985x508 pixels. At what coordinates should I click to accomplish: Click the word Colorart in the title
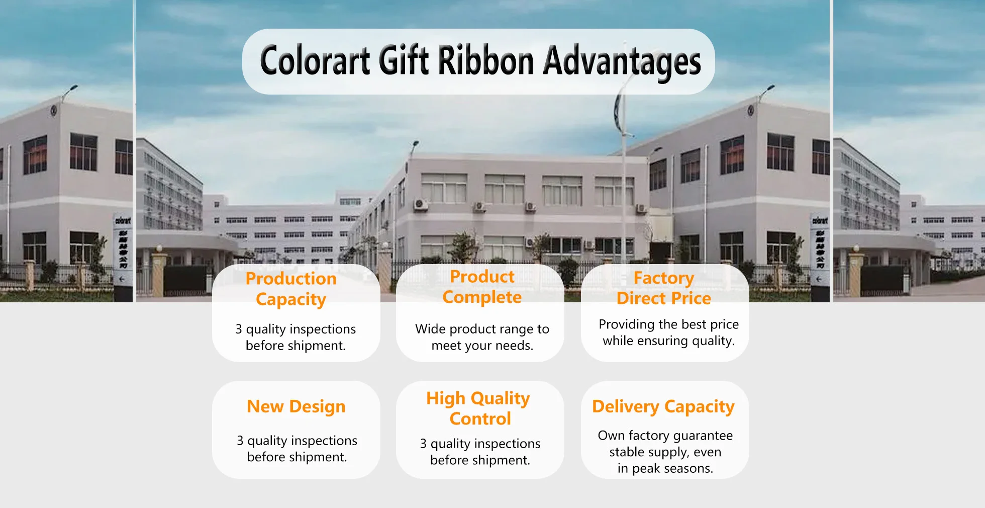[x=315, y=61]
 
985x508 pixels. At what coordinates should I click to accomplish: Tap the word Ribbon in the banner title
[x=485, y=61]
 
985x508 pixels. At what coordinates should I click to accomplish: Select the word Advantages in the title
[x=622, y=62]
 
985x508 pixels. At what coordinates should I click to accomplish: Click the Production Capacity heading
[x=291, y=289]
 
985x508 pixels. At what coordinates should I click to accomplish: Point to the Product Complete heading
[x=482, y=287]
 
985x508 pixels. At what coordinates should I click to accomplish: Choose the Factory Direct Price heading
[x=664, y=288]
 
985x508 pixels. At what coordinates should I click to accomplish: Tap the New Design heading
[x=296, y=406]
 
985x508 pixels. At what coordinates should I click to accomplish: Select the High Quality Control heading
[x=478, y=408]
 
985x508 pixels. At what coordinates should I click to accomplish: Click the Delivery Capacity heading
[x=663, y=406]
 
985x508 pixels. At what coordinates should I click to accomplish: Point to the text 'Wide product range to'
[x=482, y=329]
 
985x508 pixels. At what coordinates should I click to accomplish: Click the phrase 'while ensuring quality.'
[x=668, y=341]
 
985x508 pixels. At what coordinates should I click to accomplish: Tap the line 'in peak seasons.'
[x=665, y=469]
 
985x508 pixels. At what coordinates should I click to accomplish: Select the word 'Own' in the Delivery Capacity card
[x=611, y=436]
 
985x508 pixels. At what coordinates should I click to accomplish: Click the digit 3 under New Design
[x=240, y=441]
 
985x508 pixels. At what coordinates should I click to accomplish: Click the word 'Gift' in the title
[x=405, y=61]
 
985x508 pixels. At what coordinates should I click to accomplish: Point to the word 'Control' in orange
[x=480, y=418]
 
